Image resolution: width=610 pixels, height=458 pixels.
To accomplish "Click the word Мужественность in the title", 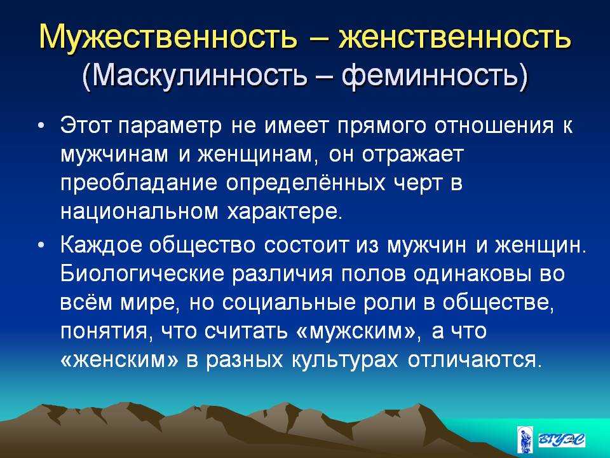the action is click(168, 37).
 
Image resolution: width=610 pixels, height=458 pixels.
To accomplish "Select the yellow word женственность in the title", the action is click(455, 37).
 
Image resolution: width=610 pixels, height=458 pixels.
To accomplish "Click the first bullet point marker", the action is click(41, 127).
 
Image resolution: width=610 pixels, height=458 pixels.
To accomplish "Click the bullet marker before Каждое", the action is click(41, 246).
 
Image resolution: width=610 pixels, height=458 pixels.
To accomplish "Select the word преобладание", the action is click(139, 183).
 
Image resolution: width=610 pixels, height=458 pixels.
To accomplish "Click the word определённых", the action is click(306, 183).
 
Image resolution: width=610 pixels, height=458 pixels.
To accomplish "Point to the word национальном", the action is click(140, 212).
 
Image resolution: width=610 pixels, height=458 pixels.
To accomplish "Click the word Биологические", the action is click(142, 274).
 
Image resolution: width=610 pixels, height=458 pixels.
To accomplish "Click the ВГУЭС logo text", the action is click(561, 440).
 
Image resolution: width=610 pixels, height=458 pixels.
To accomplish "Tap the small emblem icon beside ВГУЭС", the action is click(523, 440).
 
